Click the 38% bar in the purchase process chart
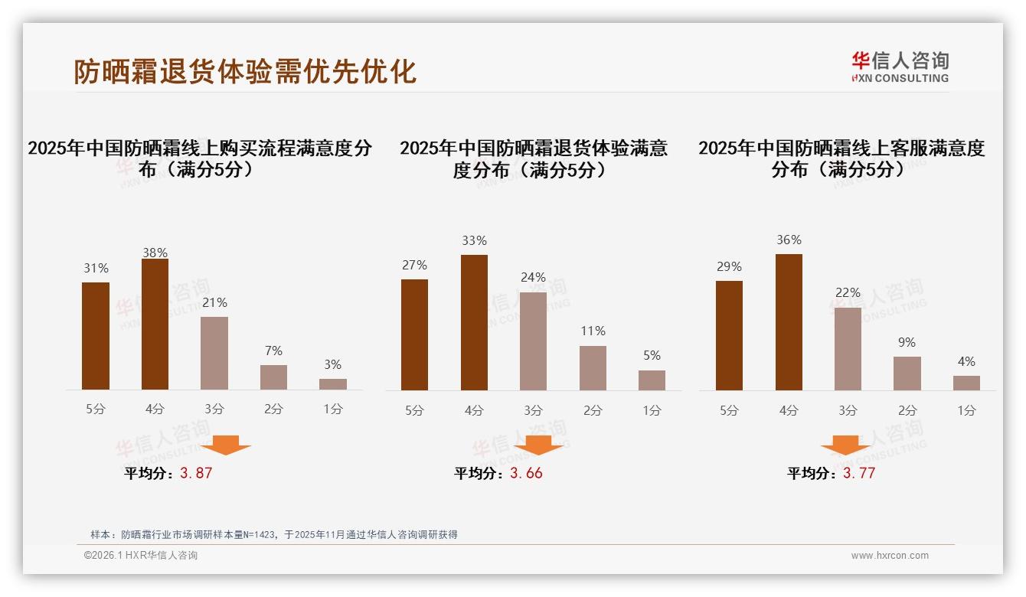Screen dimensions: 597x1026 point(155,325)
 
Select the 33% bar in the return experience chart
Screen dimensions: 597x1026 point(474,322)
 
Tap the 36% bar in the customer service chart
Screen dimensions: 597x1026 point(789,322)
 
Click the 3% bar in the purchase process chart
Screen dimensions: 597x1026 point(333,384)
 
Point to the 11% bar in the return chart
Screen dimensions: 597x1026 point(593,368)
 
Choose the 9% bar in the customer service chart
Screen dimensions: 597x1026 point(907,374)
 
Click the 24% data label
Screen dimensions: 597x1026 point(533,278)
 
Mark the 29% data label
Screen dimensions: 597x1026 point(729,267)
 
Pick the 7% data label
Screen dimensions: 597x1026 point(273,351)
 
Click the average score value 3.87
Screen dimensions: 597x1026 point(196,473)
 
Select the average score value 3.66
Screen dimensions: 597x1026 point(526,473)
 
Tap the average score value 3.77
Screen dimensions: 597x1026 point(859,473)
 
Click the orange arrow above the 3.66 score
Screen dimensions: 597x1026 point(538,445)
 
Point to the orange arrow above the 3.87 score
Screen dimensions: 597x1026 point(226,445)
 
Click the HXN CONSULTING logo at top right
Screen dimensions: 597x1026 point(900,67)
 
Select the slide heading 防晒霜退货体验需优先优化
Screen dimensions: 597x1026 point(245,71)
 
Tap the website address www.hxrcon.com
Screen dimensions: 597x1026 point(890,556)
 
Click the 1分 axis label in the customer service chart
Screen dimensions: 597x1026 point(966,411)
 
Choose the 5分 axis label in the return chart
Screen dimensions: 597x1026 point(414,411)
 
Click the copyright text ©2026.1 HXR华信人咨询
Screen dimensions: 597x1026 point(141,556)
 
